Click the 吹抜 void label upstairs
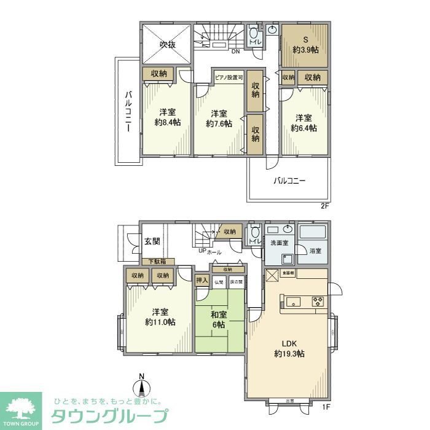coord(168,44)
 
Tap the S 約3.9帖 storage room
coord(305,44)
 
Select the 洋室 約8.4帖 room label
coord(167,117)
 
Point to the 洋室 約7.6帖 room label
coord(219,119)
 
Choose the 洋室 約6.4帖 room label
coord(303,123)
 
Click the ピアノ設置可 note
coord(229,78)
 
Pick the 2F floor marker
coord(325,207)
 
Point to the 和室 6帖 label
coord(219,319)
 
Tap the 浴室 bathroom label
coord(315,251)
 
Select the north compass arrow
coord(142,386)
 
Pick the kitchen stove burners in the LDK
coord(318,301)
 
